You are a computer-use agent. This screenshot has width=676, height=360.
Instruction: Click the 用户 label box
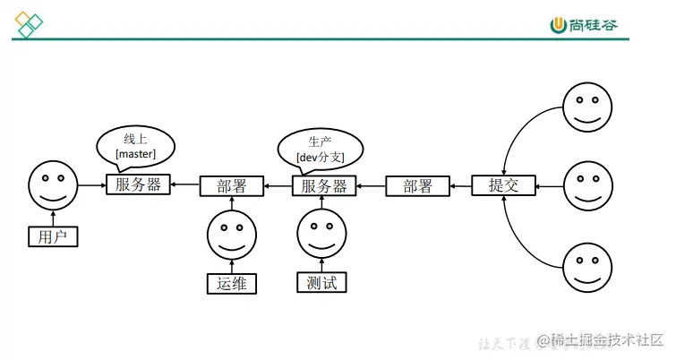point(54,237)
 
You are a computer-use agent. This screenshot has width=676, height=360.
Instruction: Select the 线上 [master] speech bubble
point(135,146)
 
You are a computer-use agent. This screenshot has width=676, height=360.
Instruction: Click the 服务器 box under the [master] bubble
point(138,185)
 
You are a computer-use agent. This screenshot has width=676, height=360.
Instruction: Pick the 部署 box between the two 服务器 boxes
point(231,186)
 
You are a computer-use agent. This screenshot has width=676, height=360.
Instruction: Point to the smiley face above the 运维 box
point(232,234)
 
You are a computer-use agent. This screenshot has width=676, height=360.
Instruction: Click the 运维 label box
point(231,284)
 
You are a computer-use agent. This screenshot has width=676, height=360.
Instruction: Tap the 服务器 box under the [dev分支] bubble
point(323,186)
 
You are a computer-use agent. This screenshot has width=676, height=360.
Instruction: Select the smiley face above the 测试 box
point(321,233)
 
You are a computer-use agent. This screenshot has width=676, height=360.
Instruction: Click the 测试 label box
point(321,283)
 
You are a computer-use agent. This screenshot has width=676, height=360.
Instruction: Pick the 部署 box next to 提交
point(417,186)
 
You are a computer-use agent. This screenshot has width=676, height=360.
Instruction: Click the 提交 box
point(504,185)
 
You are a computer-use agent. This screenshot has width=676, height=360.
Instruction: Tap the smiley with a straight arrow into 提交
point(587,185)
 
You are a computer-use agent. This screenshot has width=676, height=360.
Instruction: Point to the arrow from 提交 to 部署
point(460,186)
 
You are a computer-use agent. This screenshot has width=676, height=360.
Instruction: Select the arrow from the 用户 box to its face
point(54,218)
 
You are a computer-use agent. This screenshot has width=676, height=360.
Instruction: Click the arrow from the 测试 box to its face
point(321,265)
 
